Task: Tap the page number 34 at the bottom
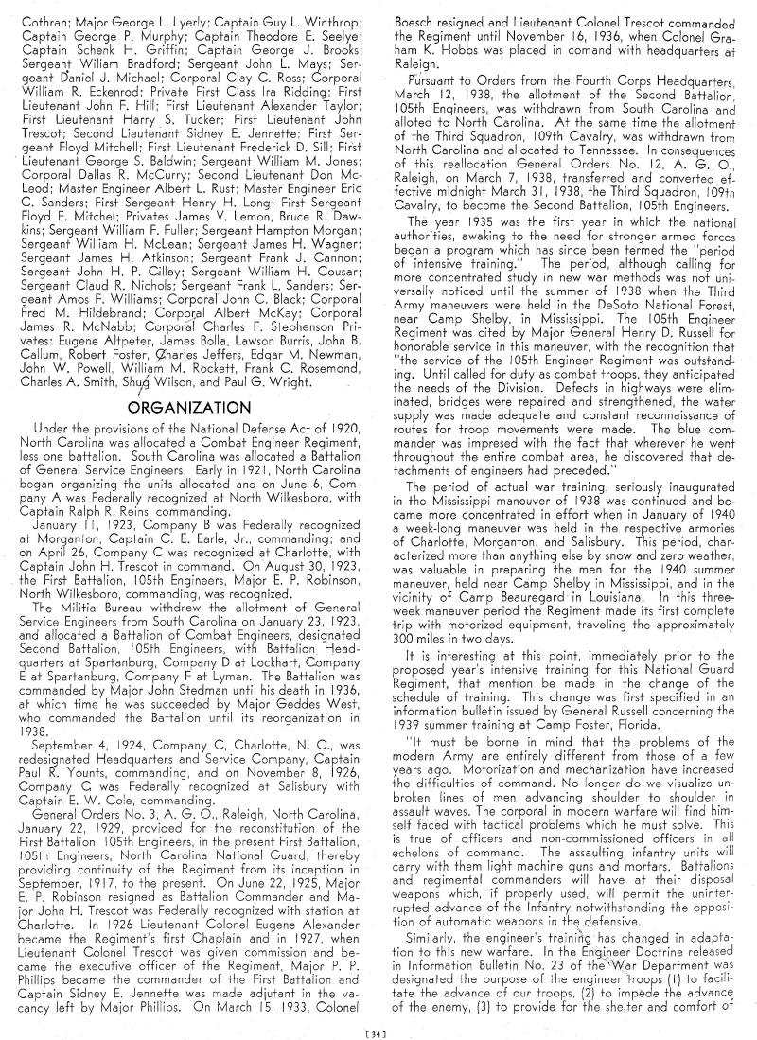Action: click(378, 1027)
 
